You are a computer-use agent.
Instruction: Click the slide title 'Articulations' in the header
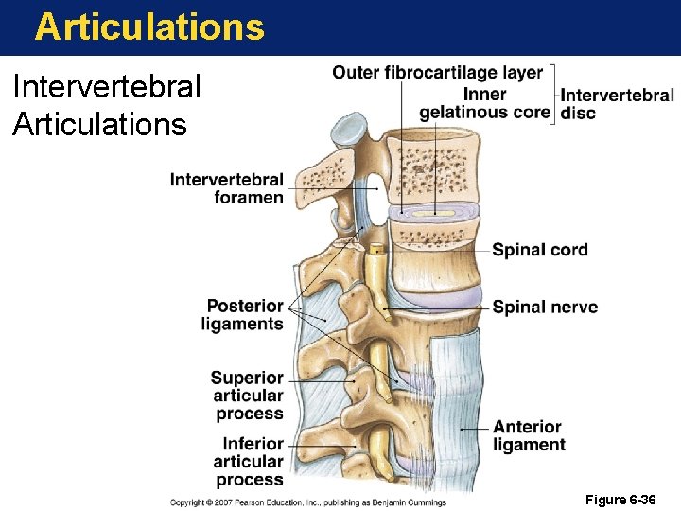[149, 26]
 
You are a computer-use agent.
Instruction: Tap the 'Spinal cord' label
[540, 250]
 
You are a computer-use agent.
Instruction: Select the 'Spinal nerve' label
[545, 307]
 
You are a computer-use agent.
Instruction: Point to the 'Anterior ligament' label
[529, 435]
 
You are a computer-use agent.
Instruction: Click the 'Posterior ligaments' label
[243, 315]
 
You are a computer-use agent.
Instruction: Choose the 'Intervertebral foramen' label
[227, 188]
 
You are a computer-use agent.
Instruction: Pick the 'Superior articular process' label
[247, 396]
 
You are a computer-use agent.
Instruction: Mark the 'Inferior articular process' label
[251, 461]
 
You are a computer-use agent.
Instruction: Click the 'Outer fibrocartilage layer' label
[438, 73]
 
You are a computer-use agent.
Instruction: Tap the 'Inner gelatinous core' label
[484, 103]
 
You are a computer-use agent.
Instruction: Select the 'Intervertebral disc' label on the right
[617, 104]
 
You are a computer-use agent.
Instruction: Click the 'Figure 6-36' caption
[620, 500]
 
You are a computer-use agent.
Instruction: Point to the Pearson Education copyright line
[307, 502]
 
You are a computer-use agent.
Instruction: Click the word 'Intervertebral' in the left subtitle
[107, 87]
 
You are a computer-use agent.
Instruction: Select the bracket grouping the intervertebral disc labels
[553, 94]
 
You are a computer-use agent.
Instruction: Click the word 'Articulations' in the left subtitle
[99, 124]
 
